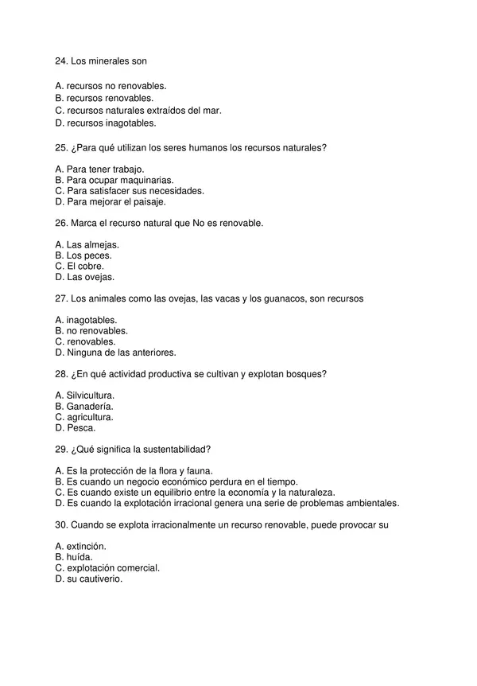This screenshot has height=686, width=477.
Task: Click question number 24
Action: pyautogui.click(x=61, y=60)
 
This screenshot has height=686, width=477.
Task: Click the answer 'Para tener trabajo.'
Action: pyautogui.click(x=104, y=169)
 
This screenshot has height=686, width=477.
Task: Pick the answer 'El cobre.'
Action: pyautogui.click(x=85, y=267)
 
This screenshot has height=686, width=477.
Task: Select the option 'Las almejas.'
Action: pyautogui.click(x=92, y=244)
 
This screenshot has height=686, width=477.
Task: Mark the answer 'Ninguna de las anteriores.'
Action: pyautogui.click(x=121, y=352)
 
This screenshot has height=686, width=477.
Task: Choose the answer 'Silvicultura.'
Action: pyautogui.click(x=90, y=396)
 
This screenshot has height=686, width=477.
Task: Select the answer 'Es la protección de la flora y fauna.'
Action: pyautogui.click(x=138, y=471)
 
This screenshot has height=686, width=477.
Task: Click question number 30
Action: pyautogui.click(x=61, y=524)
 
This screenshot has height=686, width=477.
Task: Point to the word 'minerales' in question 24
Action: pyautogui.click(x=104, y=60)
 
